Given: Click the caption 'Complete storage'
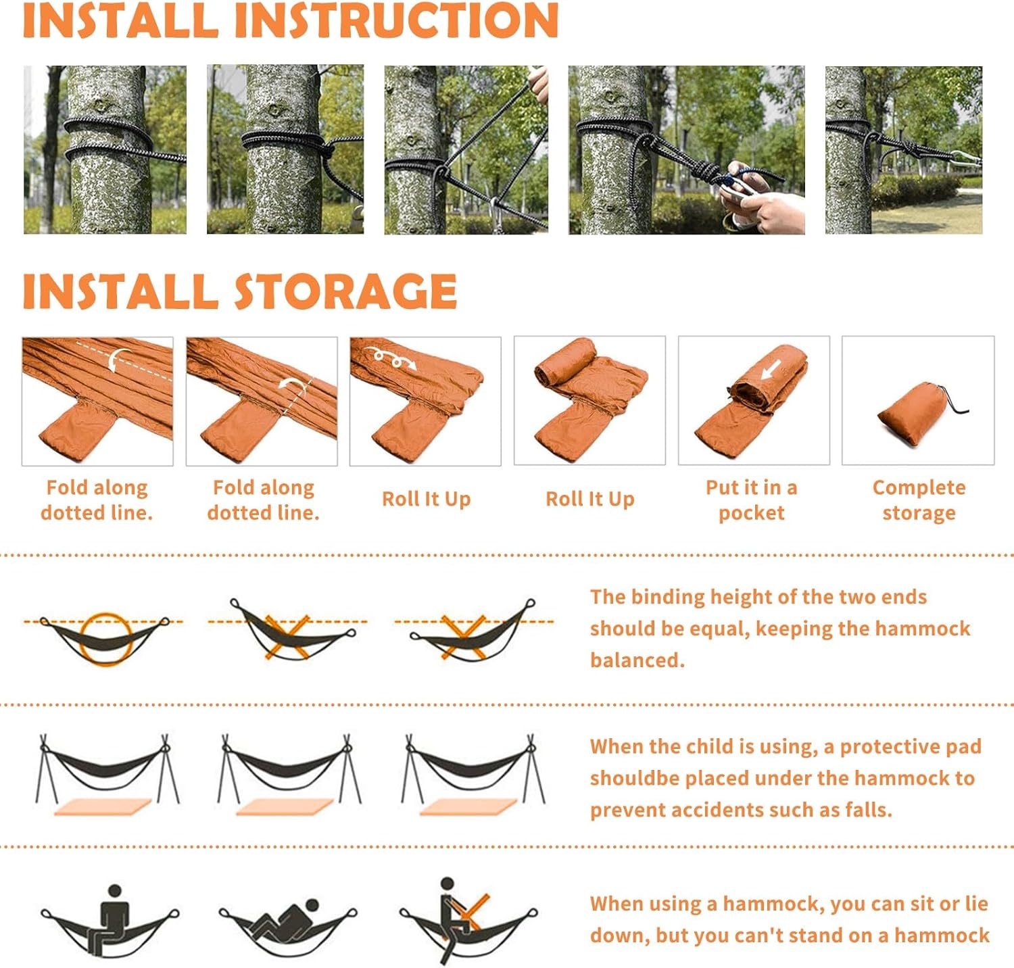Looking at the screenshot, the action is click(x=919, y=500).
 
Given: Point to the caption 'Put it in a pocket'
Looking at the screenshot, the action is click(x=752, y=500).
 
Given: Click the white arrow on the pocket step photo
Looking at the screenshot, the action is click(x=771, y=370).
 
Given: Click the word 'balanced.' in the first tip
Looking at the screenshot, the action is click(x=637, y=660).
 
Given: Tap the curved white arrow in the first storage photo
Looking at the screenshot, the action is click(x=119, y=359).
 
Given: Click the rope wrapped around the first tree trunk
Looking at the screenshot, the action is click(x=122, y=142).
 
